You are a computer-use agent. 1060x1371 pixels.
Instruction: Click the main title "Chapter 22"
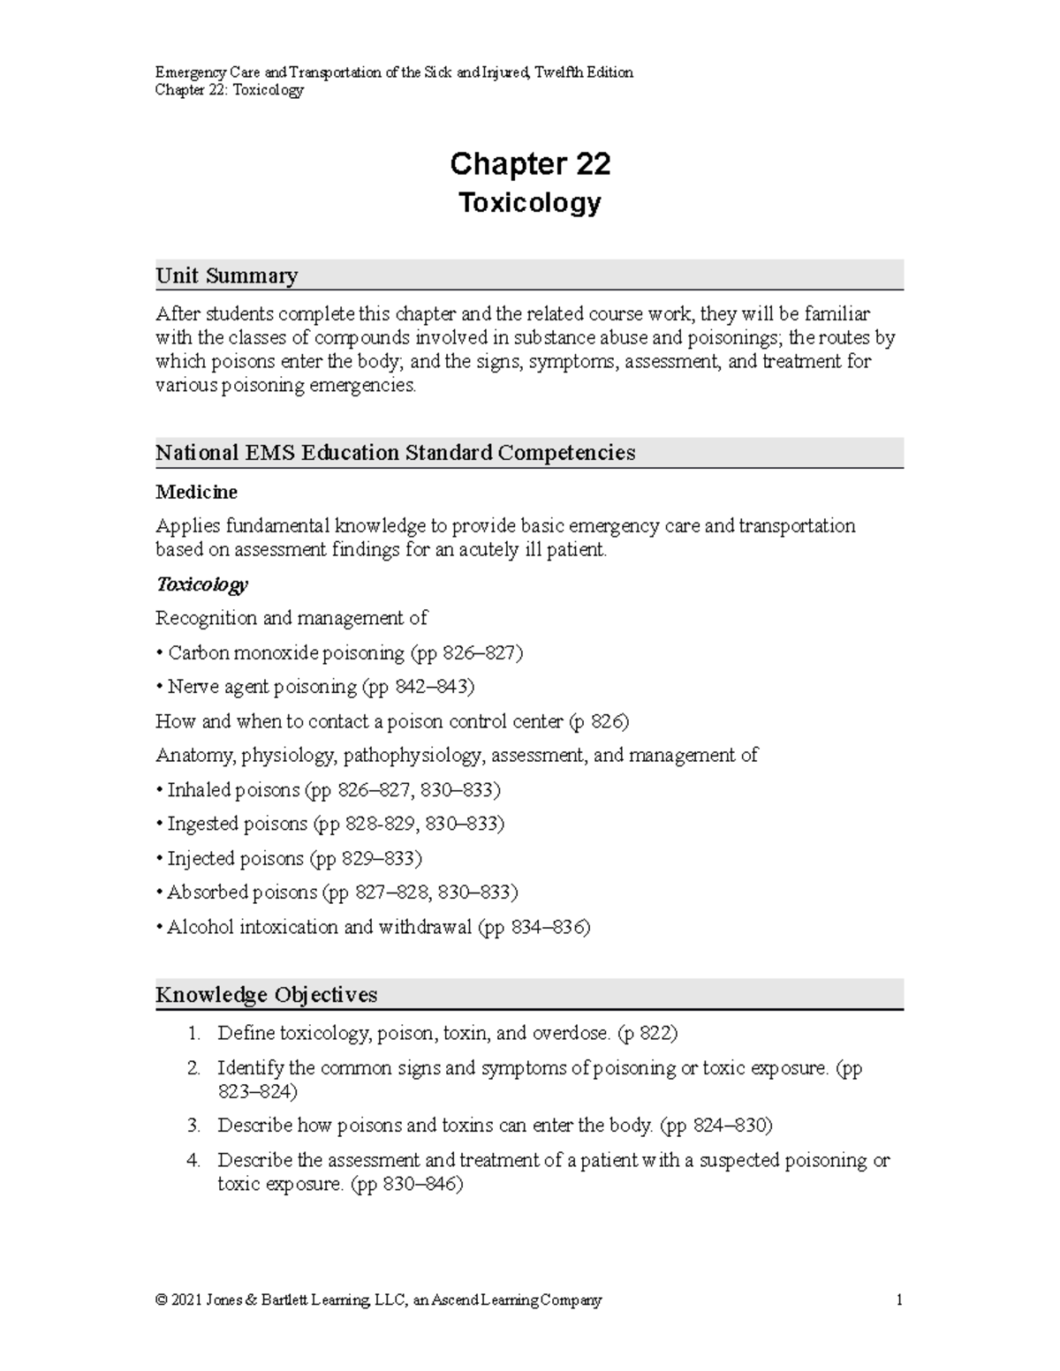click(x=529, y=164)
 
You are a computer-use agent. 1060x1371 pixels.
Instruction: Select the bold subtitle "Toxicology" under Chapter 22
click(x=529, y=203)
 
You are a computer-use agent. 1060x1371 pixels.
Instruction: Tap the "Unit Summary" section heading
click(x=226, y=275)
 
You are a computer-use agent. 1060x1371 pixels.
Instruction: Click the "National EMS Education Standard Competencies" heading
click(x=395, y=453)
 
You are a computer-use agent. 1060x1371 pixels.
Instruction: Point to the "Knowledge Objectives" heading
click(x=266, y=995)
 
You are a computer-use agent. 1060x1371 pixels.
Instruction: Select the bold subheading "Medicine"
click(x=196, y=492)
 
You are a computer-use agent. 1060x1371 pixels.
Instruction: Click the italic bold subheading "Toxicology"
click(x=201, y=584)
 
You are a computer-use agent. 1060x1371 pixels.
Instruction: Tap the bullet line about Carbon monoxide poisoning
click(x=339, y=653)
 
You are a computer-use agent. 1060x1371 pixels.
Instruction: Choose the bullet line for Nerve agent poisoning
click(x=314, y=687)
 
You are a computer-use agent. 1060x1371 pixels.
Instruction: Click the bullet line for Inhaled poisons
click(x=328, y=790)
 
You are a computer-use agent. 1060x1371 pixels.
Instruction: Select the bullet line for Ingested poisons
click(x=329, y=824)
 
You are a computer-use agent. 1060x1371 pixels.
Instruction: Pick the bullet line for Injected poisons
click(x=288, y=858)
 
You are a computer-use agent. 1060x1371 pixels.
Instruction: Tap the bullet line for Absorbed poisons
click(x=337, y=893)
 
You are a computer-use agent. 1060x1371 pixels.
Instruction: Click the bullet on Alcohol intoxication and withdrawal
click(x=372, y=927)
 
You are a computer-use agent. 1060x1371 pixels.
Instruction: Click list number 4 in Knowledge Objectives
click(x=193, y=1161)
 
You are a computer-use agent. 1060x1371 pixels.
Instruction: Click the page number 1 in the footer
click(x=898, y=1300)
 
